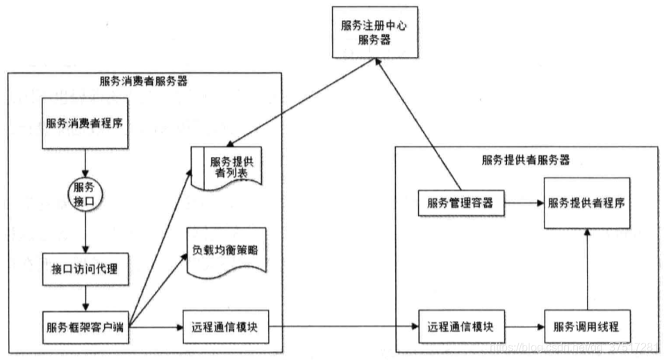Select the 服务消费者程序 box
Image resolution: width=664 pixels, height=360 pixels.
tap(84, 124)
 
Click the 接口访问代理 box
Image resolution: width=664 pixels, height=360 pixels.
tap(84, 269)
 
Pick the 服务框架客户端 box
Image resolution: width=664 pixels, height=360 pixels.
tap(85, 327)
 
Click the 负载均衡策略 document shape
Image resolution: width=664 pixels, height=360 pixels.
tap(226, 251)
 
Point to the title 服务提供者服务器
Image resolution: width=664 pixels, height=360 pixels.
tap(526, 161)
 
